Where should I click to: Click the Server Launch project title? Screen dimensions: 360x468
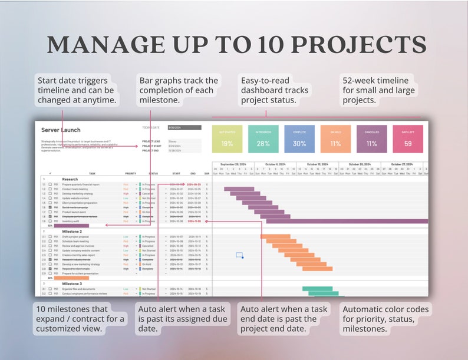coord(61,130)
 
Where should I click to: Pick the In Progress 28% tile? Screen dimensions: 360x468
coord(263,139)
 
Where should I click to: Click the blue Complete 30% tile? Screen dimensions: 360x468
coord(299,139)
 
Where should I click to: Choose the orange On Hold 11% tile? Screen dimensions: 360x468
coord(336,139)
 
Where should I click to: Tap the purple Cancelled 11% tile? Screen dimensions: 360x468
coord(372,139)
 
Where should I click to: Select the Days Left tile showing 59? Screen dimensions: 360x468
coord(408,139)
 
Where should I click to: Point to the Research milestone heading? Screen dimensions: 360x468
coord(70,179)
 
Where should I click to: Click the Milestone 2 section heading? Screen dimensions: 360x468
coord(72,232)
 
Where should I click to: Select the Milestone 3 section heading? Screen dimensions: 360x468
coord(72,283)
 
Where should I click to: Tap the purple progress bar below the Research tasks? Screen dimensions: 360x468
coord(71,226)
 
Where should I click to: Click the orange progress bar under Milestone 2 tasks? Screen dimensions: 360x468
coord(71,278)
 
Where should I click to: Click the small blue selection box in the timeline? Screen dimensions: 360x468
coord(239,255)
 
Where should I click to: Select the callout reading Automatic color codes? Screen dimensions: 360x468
coord(385,319)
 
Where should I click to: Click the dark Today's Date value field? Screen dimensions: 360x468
coord(184,127)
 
